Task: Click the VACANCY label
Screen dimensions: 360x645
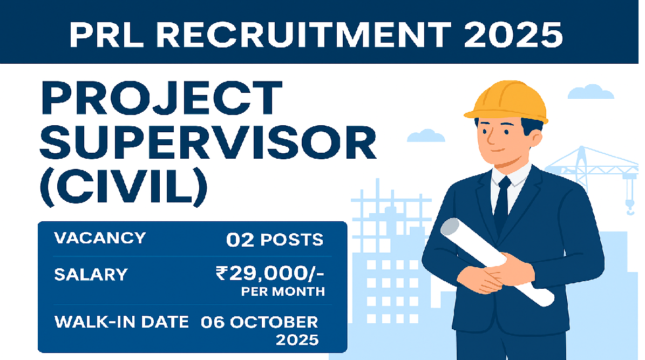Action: [100, 238]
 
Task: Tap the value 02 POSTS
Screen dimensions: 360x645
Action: [275, 240]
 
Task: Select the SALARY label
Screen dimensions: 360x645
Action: [91, 275]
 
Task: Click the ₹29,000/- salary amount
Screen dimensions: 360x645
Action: [269, 274]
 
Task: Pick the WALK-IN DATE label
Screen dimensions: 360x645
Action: [121, 322]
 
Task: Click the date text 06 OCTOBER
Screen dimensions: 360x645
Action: [259, 322]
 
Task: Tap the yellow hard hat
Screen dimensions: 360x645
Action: [505, 100]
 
